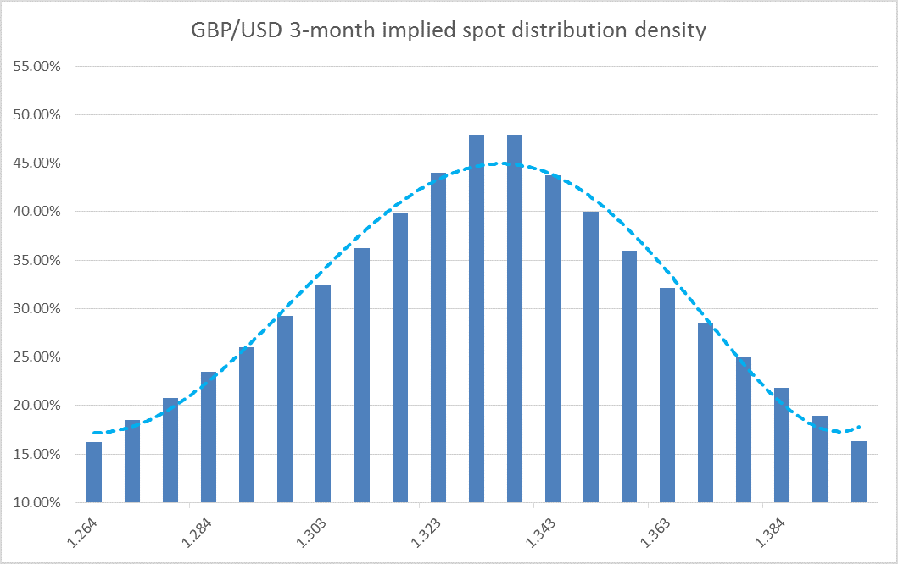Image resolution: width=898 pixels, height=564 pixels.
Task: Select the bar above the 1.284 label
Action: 209,437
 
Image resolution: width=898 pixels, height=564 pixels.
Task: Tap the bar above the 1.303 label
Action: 323,393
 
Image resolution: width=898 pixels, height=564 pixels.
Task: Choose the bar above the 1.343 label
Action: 553,338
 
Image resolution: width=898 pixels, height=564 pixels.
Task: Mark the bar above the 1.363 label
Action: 667,395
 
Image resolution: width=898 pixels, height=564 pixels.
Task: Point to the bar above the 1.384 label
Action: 782,445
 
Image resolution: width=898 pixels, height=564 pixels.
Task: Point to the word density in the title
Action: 674,31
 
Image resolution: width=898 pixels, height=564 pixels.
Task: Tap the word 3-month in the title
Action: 320,31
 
